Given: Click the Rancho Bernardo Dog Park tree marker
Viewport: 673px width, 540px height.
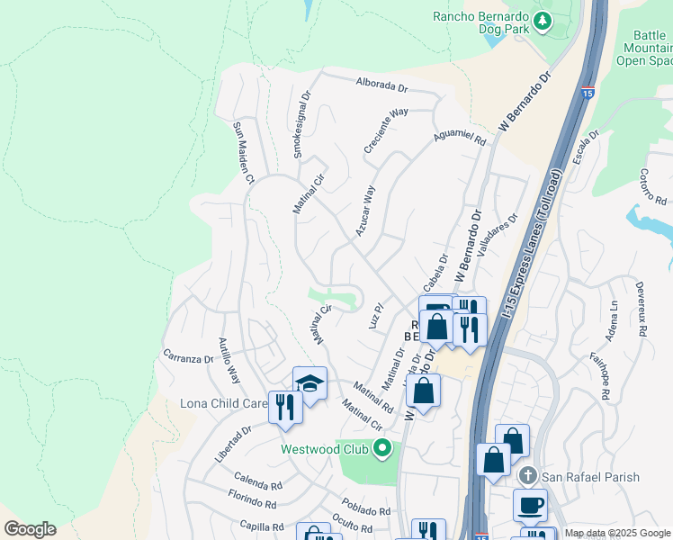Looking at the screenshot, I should (x=543, y=21).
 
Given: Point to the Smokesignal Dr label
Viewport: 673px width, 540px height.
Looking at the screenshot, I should (x=301, y=123).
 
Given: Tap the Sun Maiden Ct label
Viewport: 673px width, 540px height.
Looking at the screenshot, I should (x=240, y=152).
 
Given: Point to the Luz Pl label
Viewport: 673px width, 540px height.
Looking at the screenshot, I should (x=376, y=313).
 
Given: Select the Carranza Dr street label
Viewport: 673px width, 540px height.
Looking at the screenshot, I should (x=187, y=357).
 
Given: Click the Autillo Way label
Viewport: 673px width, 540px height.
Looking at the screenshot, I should (x=229, y=359).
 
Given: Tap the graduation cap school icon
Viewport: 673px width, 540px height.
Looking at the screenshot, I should (x=310, y=384).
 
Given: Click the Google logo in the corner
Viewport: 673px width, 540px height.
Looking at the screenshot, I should (x=30, y=529).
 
